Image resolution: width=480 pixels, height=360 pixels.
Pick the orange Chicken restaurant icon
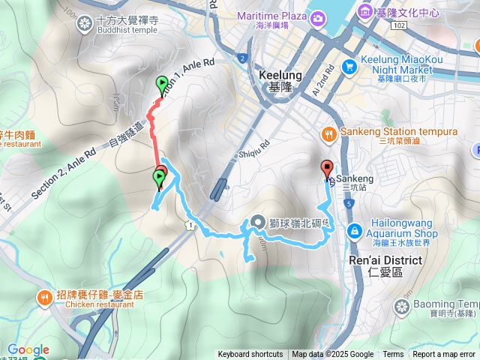[x=46, y=298]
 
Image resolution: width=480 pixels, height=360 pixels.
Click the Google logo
[x=28, y=349]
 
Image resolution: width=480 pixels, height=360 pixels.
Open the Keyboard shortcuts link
[x=250, y=355]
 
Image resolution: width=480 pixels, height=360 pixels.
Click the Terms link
[x=393, y=355]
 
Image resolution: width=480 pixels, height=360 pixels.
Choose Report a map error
[x=444, y=355]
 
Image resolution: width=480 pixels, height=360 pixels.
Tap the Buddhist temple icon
[x=87, y=24]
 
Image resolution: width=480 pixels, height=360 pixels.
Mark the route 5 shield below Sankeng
[x=349, y=203]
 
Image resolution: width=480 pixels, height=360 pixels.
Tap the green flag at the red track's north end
[x=162, y=83]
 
